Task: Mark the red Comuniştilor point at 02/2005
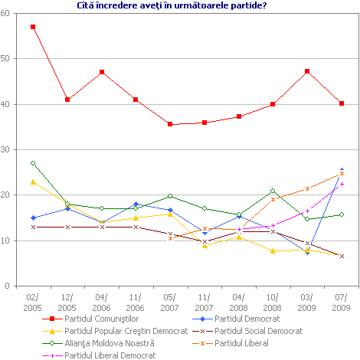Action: [33, 27]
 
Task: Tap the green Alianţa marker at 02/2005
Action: [33, 163]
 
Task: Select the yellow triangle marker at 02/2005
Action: [33, 182]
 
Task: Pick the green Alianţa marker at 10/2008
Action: [273, 191]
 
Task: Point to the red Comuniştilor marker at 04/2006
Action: [102, 72]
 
